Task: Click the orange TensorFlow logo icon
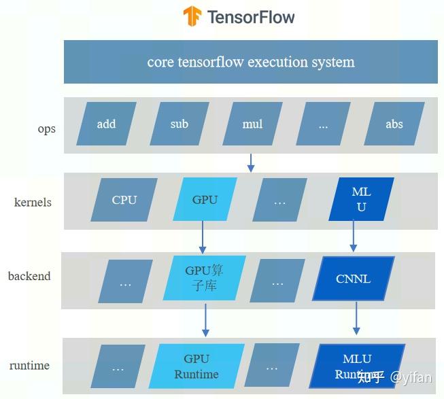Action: tap(192, 16)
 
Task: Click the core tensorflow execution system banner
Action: tap(250, 62)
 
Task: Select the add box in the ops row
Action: tap(106, 124)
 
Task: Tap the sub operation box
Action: tap(180, 124)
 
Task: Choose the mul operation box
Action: tap(252, 124)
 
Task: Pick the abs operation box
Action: tap(394, 124)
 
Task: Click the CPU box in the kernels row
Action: tap(124, 200)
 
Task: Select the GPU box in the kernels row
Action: tap(205, 200)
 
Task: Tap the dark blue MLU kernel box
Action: tap(361, 200)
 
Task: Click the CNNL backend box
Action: tap(353, 279)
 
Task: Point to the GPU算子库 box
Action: tap(204, 277)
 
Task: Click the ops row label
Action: tap(47, 129)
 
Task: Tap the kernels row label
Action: tap(33, 202)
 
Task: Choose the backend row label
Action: tap(29, 276)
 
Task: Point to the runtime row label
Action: tap(29, 365)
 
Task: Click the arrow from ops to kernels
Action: tap(251, 162)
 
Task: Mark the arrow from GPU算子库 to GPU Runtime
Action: tap(205, 319)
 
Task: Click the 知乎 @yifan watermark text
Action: tap(394, 377)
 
